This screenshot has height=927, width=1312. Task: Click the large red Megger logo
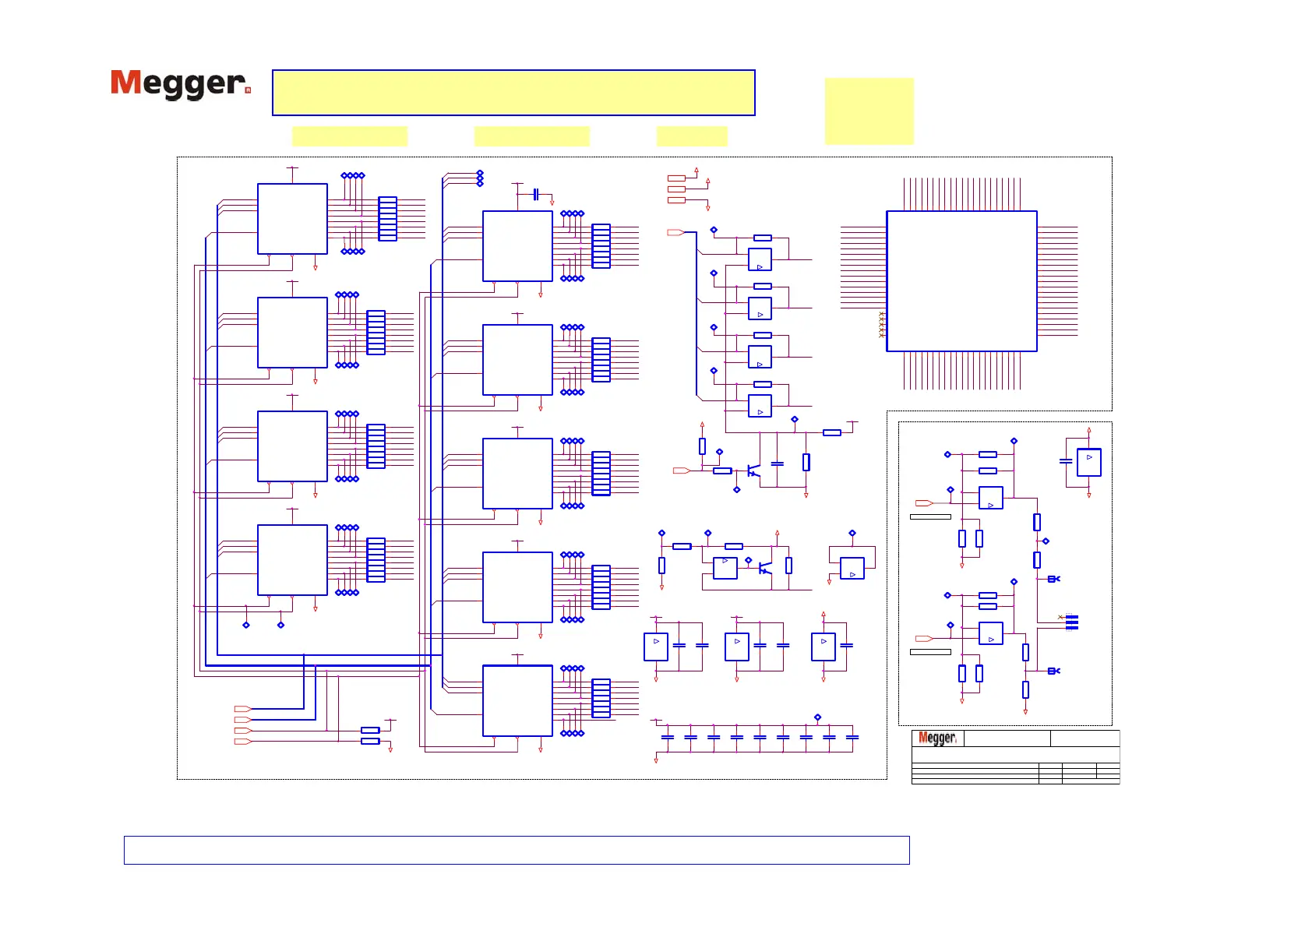pyautogui.click(x=180, y=84)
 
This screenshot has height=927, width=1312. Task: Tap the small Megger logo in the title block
pyautogui.click(x=936, y=738)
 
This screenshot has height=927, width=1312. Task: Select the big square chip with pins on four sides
pyautogui.click(x=961, y=281)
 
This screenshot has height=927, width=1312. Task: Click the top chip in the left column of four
pyautogui.click(x=292, y=219)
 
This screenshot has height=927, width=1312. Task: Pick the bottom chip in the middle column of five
pyautogui.click(x=517, y=700)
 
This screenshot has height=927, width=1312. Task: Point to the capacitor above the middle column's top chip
pyautogui.click(x=535, y=194)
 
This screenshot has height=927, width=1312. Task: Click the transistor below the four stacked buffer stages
pyautogui.click(x=753, y=471)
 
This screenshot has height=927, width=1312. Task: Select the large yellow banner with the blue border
pyautogui.click(x=513, y=93)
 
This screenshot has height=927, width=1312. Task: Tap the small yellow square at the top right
pyautogui.click(x=869, y=111)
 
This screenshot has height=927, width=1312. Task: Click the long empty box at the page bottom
pyautogui.click(x=517, y=850)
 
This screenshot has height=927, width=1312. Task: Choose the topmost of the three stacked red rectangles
pyautogui.click(x=676, y=178)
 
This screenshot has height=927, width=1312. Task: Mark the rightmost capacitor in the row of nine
pyautogui.click(x=852, y=737)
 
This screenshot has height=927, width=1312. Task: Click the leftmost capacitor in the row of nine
pyautogui.click(x=667, y=737)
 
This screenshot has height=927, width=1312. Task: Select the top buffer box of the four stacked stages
pyautogui.click(x=760, y=259)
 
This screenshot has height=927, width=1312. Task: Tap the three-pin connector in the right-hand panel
pyautogui.click(x=1072, y=622)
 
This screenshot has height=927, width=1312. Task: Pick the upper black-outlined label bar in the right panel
pyautogui.click(x=930, y=516)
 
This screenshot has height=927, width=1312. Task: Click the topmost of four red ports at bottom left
pyautogui.click(x=242, y=709)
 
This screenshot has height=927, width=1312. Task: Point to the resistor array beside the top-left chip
pyautogui.click(x=387, y=219)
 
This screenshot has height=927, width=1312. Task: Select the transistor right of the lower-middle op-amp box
pyautogui.click(x=765, y=568)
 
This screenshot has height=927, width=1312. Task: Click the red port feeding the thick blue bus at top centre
pyautogui.click(x=675, y=232)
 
